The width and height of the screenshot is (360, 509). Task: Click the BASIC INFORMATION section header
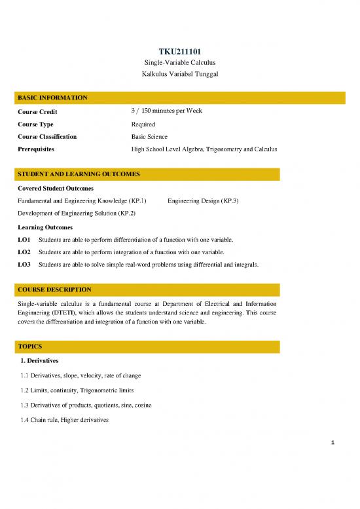click(x=53, y=98)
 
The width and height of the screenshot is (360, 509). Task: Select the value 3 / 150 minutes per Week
click(x=166, y=111)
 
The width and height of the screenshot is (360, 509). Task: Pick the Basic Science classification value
click(x=149, y=137)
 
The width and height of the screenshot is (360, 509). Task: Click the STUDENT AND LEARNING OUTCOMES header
click(x=79, y=174)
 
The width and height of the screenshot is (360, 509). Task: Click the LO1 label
click(x=24, y=239)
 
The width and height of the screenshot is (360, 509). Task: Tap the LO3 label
click(x=24, y=265)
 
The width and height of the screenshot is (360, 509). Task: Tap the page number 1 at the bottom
click(x=333, y=443)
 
